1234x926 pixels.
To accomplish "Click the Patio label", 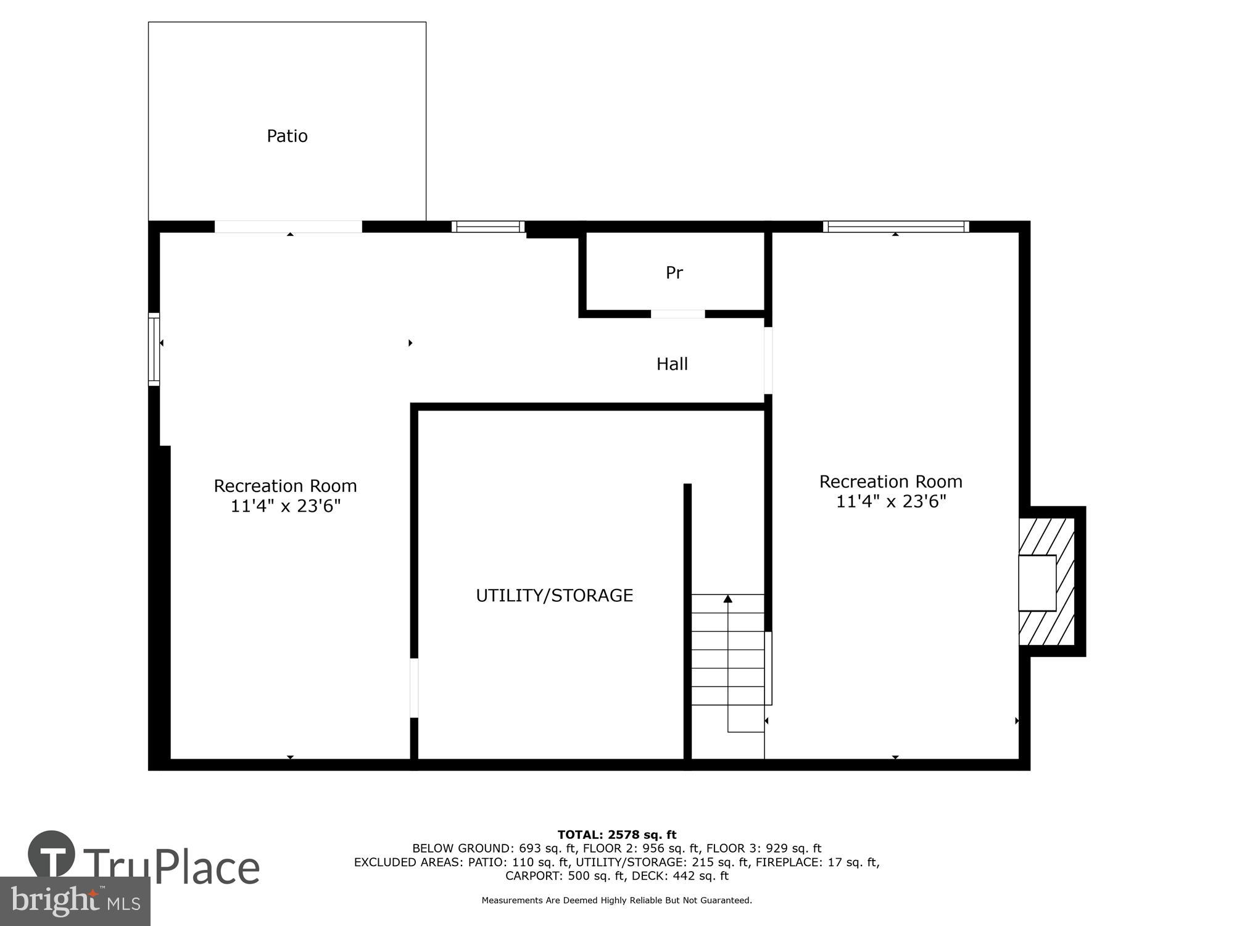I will tap(287, 136).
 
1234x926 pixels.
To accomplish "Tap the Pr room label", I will tap(674, 272).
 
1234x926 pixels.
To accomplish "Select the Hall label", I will tap(672, 364).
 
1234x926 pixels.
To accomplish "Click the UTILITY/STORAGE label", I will tap(554, 595).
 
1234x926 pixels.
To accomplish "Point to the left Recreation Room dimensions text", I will tap(285, 506).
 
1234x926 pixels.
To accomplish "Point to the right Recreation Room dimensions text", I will tap(890, 501).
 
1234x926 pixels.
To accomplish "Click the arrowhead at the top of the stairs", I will tap(728, 598).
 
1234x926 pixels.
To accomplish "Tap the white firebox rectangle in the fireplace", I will tap(1037, 583).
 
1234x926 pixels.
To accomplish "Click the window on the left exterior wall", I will tap(154, 349).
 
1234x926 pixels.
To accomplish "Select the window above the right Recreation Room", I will tap(896, 227).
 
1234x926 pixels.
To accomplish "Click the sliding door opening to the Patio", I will tap(288, 227).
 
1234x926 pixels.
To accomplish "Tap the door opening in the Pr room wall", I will tap(677, 314).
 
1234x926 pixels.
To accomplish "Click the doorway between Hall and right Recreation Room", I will tap(768, 361).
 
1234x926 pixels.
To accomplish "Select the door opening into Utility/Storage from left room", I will tap(414, 688).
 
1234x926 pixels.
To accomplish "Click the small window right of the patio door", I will tap(488, 227).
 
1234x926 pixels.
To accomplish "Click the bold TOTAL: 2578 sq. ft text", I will tap(616, 835).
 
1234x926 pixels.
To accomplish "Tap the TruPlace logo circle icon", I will tap(52, 855).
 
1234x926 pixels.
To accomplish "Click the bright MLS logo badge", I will tap(75, 901).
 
